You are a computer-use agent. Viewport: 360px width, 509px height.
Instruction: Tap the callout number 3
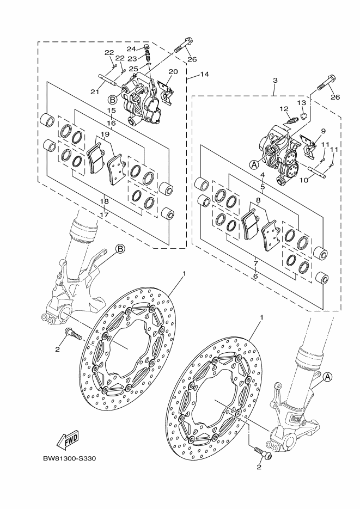coord(275,81)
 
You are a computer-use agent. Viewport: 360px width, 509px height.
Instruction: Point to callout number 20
coord(173,72)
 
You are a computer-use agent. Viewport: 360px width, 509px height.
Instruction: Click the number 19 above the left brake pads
coord(105,134)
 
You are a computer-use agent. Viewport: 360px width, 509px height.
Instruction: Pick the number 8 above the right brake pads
coord(258,200)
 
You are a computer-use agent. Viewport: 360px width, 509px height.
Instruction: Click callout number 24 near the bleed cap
coord(131,48)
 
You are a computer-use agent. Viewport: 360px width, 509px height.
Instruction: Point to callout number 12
coord(284,109)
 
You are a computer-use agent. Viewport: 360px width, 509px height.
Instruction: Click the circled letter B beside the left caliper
coord(113,100)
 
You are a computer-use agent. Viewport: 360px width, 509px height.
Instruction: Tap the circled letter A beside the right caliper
coord(254,163)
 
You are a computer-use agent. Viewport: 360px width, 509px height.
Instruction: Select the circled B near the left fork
coord(120,250)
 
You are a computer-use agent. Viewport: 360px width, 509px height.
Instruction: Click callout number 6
coord(255,277)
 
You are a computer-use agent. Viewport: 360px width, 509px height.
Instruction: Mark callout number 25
coord(133,69)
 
